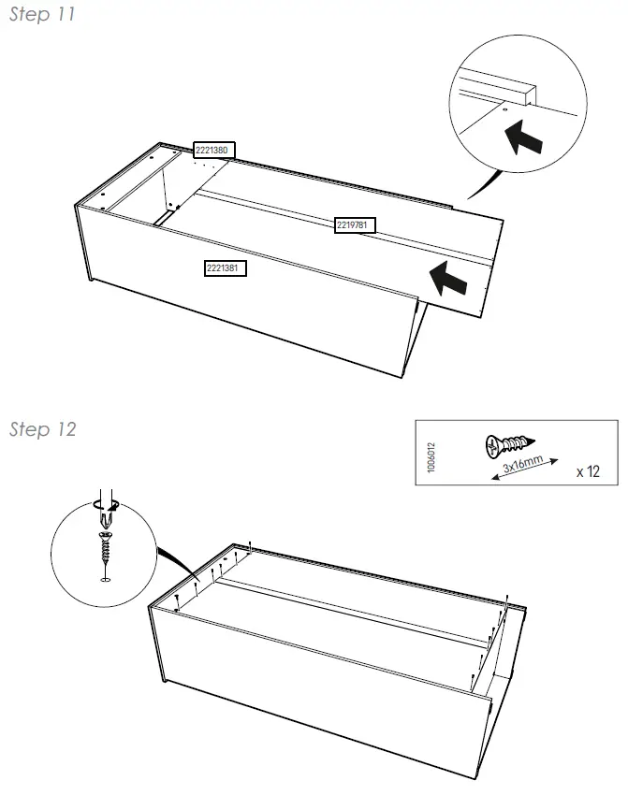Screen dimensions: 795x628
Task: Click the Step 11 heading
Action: (42, 15)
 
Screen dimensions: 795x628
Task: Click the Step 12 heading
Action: (42, 429)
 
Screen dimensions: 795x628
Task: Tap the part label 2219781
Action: (355, 224)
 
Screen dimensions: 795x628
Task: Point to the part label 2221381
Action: (226, 268)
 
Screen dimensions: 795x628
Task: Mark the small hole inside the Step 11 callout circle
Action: (505, 109)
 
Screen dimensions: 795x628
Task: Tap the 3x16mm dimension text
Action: (522, 463)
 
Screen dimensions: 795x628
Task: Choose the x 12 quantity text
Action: (588, 471)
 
